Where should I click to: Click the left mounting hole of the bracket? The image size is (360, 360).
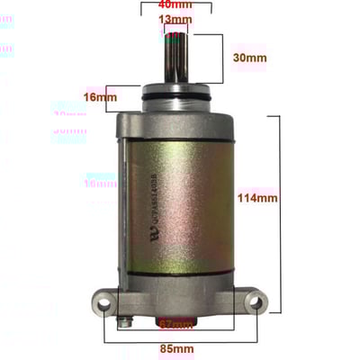(102, 303)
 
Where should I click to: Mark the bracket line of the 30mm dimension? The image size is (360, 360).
(220, 58)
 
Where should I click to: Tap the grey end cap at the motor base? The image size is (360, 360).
(177, 286)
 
